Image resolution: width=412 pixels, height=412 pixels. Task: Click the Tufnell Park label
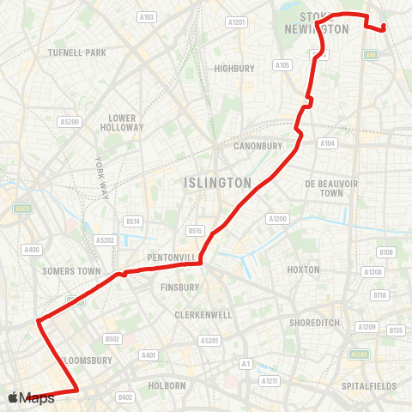point(77,52)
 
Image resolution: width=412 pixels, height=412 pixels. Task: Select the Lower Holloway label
point(122,123)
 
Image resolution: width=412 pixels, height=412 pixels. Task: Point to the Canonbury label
point(257,146)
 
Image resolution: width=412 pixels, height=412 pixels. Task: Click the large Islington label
point(218,183)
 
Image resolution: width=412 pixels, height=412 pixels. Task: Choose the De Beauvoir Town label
point(324,188)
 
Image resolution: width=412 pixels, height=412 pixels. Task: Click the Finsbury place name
point(180,287)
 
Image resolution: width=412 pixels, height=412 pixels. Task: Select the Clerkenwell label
point(203,315)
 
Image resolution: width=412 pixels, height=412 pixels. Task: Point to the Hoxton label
point(304,270)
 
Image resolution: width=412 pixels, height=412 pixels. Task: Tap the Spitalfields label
point(369,387)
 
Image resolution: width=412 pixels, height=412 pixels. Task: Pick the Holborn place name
point(168,386)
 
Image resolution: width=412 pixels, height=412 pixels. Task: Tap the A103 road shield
point(147,16)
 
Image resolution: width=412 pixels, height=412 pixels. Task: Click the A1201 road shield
point(236,21)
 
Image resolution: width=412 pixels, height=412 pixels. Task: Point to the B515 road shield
point(195,230)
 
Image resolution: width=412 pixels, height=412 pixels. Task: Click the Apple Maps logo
point(31,397)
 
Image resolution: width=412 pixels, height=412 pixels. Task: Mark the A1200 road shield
point(277,219)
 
